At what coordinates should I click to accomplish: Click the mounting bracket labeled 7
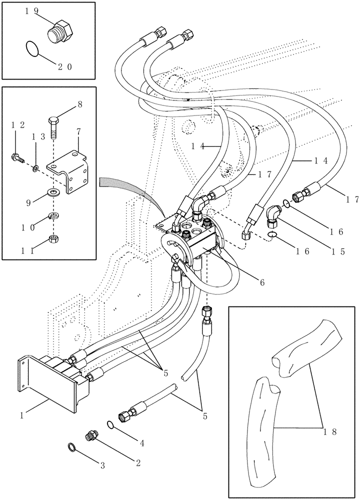70,172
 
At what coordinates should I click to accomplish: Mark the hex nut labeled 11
53,238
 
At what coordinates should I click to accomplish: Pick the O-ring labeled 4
109,425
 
